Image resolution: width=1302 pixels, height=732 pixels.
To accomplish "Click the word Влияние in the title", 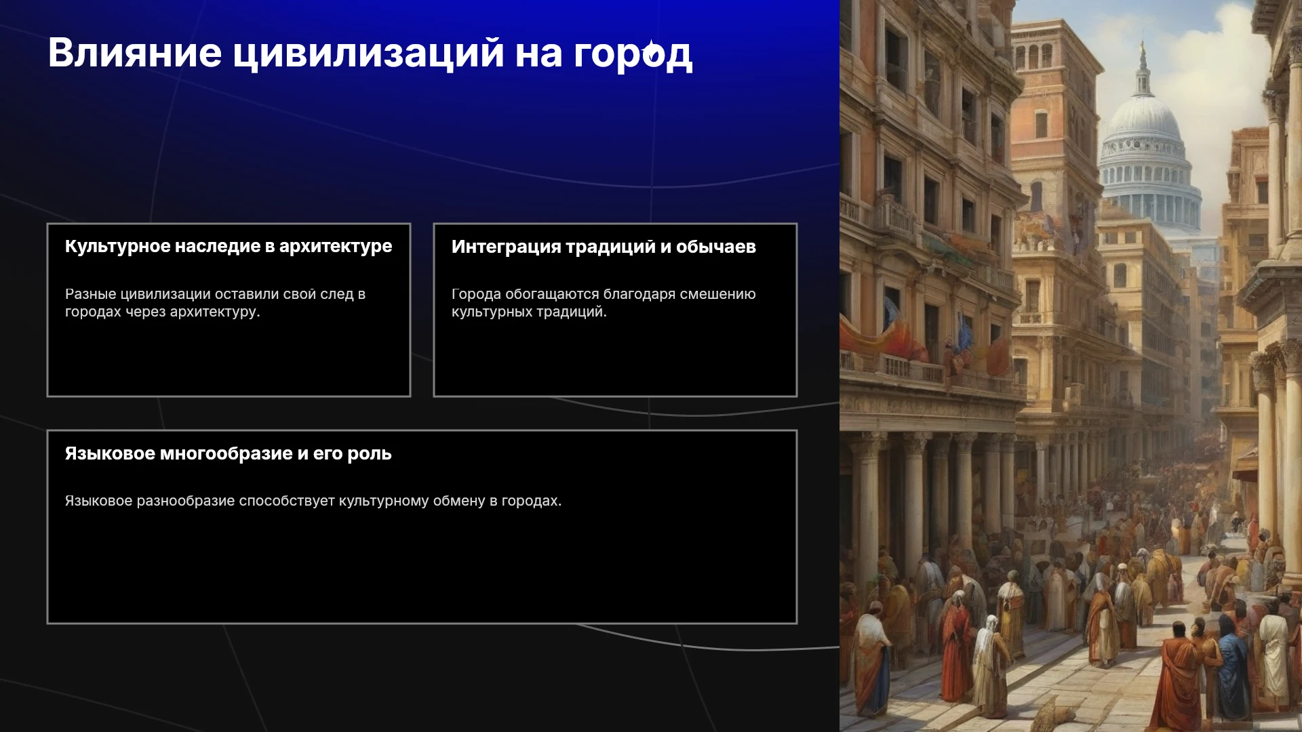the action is click(x=135, y=53).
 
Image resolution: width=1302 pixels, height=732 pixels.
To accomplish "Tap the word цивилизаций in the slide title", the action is click(x=369, y=54).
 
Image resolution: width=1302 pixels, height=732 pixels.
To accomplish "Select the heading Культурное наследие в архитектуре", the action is click(x=229, y=246).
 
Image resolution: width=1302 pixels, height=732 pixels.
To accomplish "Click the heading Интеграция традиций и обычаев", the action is click(x=604, y=247).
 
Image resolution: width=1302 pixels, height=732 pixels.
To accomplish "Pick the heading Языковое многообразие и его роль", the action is click(x=229, y=453).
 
